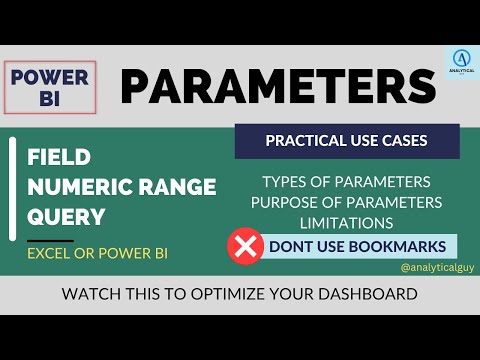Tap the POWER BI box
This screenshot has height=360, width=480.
click(x=49, y=86)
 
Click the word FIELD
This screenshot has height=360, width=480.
click(x=61, y=158)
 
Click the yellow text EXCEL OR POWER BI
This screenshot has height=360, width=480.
click(x=97, y=254)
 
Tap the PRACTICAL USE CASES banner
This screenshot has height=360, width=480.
click(x=347, y=141)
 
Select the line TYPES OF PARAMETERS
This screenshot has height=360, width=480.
click(x=346, y=182)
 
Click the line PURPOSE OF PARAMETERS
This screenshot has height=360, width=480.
click(x=346, y=203)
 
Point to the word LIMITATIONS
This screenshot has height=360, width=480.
click(x=346, y=223)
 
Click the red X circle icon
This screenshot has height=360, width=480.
click(x=243, y=246)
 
